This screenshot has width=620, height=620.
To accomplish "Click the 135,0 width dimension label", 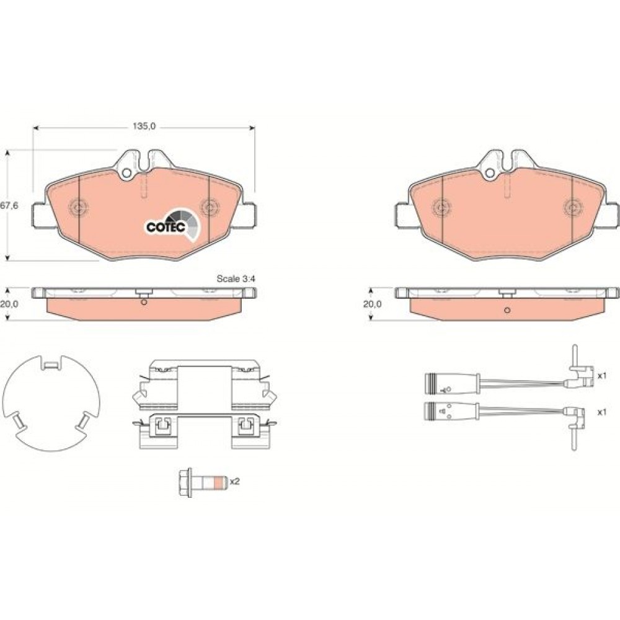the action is click(x=144, y=126).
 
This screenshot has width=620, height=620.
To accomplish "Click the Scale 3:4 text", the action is click(x=236, y=279).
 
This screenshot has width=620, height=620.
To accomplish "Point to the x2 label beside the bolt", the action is click(x=235, y=482).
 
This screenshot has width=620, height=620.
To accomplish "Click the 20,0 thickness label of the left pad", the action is click(x=9, y=304).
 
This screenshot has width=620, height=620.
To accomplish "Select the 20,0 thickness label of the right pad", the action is click(x=373, y=304).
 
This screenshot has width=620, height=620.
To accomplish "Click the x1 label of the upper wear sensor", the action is click(x=601, y=376).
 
